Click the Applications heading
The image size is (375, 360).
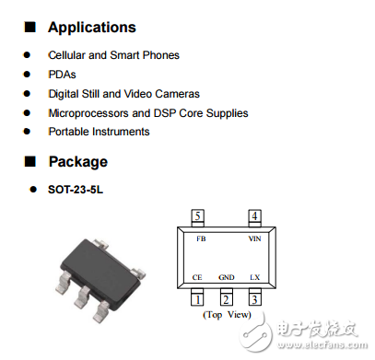(x=91, y=28)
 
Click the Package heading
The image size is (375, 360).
(x=77, y=162)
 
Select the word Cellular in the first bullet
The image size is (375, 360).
(x=70, y=55)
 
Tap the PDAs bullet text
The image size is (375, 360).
(x=63, y=75)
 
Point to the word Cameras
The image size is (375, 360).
(x=176, y=94)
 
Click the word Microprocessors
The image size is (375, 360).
(x=89, y=113)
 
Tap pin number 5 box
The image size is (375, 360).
(x=198, y=216)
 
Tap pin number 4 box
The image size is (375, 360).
(x=254, y=216)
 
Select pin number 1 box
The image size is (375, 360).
(x=197, y=299)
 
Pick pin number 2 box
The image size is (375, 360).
(x=226, y=299)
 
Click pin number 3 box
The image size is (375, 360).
(x=255, y=299)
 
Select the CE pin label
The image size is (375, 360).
(x=197, y=277)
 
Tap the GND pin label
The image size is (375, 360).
(x=227, y=277)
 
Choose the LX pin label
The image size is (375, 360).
(x=255, y=277)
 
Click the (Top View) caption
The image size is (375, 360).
(x=227, y=315)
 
